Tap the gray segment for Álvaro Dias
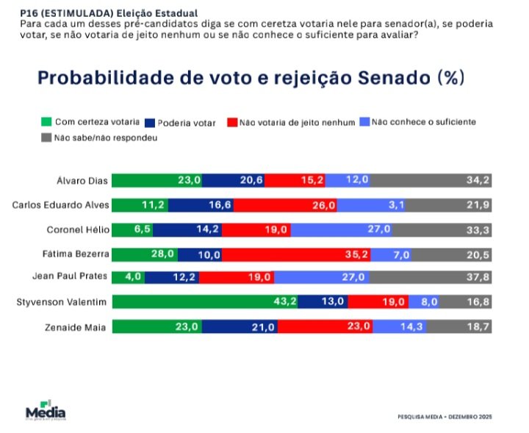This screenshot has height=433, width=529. (433, 180)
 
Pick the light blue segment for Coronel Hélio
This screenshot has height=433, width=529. (342, 229)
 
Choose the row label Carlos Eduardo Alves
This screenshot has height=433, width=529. (61, 205)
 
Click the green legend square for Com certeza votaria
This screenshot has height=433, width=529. (46, 121)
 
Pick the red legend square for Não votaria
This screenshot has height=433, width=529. (231, 121)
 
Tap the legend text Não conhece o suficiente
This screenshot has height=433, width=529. (424, 121)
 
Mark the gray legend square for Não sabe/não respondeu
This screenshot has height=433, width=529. (46, 137)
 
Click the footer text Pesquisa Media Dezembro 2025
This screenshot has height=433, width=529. (443, 417)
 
